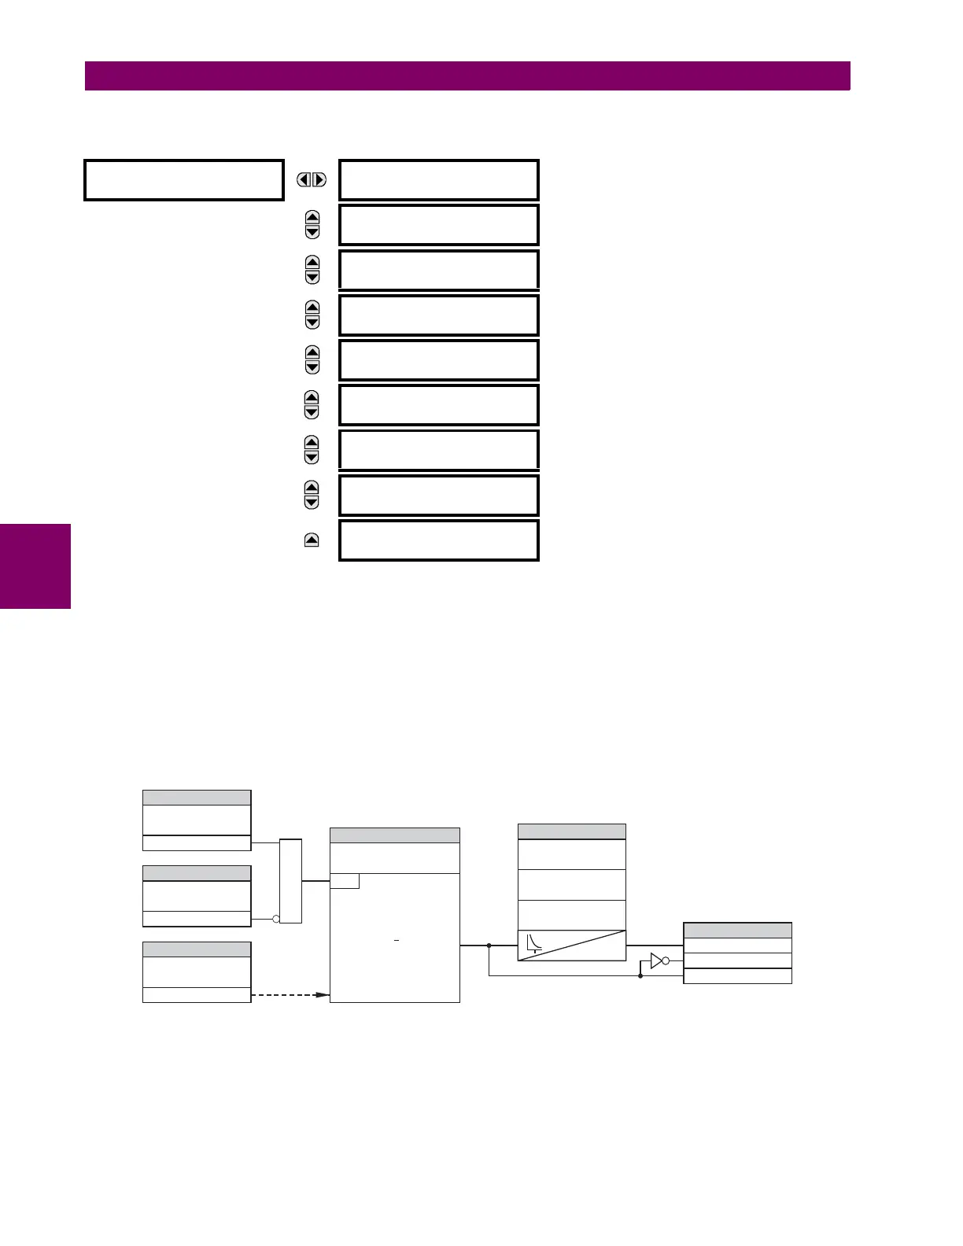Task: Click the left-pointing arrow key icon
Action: [x=304, y=180]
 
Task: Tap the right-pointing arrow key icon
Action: [x=319, y=180]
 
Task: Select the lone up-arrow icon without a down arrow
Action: [x=312, y=540]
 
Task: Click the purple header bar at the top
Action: [x=467, y=76]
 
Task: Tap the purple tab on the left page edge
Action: [x=35, y=566]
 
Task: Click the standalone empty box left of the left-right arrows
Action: [x=183, y=180]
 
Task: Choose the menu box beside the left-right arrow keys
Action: [x=438, y=180]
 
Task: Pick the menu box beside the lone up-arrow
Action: [x=438, y=540]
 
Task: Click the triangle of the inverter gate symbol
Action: [x=657, y=960]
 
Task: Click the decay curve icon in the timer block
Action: [x=534, y=942]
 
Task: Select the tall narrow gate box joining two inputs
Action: [x=290, y=881]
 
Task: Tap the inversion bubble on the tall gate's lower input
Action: [x=276, y=919]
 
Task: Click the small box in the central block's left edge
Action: [x=345, y=881]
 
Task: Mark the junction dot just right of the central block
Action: [x=489, y=946]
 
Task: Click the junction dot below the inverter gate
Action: [x=640, y=976]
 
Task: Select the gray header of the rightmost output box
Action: [x=737, y=931]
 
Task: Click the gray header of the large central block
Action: [x=394, y=835]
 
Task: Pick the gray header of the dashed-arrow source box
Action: [x=197, y=949]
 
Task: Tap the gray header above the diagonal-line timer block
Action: [x=572, y=831]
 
